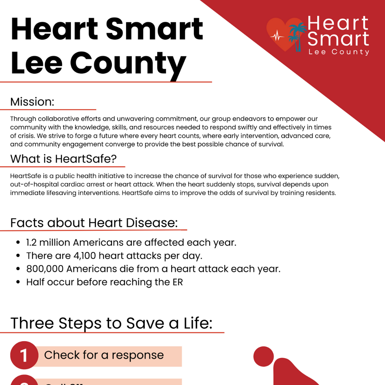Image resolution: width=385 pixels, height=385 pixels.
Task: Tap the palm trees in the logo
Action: pos(297,36)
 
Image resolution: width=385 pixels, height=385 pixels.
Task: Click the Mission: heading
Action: pos(32,102)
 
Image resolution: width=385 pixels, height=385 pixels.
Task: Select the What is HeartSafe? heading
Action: pos(63,159)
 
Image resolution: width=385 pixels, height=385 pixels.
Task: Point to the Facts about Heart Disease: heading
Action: pos(94,223)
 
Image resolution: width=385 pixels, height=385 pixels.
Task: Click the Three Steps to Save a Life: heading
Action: pos(111,323)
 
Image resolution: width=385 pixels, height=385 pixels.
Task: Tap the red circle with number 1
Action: pos(24,355)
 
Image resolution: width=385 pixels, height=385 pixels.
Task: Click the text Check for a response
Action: pos(104,355)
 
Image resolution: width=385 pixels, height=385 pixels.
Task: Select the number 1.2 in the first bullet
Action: pos(31,243)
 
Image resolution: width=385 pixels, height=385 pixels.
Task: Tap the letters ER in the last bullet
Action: pos(176,282)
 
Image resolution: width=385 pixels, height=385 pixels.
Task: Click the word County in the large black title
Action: pos(128,63)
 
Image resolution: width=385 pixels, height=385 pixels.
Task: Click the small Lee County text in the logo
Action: pos(339,52)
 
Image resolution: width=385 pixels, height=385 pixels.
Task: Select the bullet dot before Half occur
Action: pos(18,282)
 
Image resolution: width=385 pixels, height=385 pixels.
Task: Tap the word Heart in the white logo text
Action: pos(338,23)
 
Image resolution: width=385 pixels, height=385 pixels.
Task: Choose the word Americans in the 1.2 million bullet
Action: pos(95,243)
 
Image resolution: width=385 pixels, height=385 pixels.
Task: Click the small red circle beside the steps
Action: pos(263,356)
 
